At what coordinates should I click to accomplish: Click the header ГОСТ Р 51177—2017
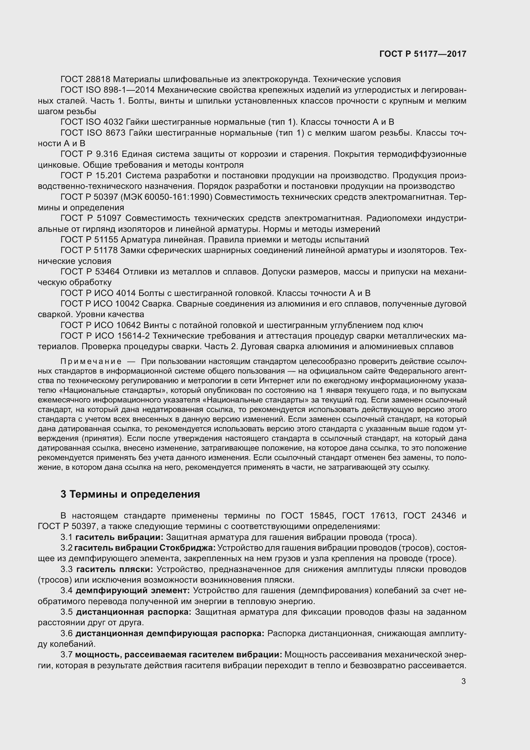pyautogui.click(x=423, y=54)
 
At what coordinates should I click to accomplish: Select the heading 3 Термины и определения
pyautogui.click(x=130, y=494)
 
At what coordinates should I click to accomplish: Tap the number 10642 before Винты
pyautogui.click(x=128, y=325)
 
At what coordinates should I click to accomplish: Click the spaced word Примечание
pyautogui.click(x=91, y=362)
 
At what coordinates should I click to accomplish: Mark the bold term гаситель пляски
pyautogui.click(x=114, y=569)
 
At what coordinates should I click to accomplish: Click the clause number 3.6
pyautogui.click(x=67, y=633)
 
